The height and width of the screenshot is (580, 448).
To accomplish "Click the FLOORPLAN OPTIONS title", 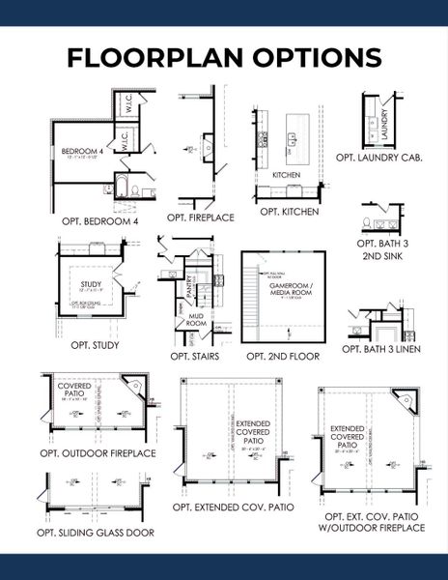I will (223, 57).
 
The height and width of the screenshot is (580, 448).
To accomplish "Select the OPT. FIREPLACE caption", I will (202, 217).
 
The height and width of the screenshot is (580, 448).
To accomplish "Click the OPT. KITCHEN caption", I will (288, 211).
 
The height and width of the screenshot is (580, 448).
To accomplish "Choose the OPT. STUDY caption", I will (92, 344).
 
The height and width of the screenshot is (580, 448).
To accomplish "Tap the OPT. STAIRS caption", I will (194, 356).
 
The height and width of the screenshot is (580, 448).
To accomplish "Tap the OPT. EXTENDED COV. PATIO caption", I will (234, 507).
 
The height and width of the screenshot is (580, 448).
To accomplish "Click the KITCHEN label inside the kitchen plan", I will (287, 175).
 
